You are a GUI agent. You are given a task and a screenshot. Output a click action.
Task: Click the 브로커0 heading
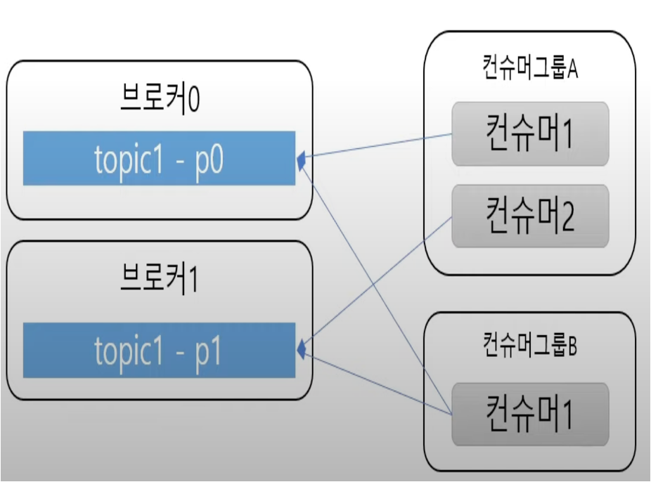pyautogui.click(x=159, y=100)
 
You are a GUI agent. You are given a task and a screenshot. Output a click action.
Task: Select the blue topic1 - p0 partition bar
pyautogui.click(x=159, y=158)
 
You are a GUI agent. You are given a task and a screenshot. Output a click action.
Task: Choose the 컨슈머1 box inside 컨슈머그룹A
pyautogui.click(x=529, y=133)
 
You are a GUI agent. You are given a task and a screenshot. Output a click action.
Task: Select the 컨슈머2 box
pyautogui.click(x=529, y=216)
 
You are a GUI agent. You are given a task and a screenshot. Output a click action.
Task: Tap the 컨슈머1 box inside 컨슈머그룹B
pyautogui.click(x=529, y=414)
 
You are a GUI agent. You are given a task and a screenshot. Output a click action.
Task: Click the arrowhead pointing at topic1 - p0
pyautogui.click(x=301, y=161)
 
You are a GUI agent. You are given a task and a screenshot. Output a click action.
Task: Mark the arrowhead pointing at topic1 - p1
pyautogui.click(x=302, y=348)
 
